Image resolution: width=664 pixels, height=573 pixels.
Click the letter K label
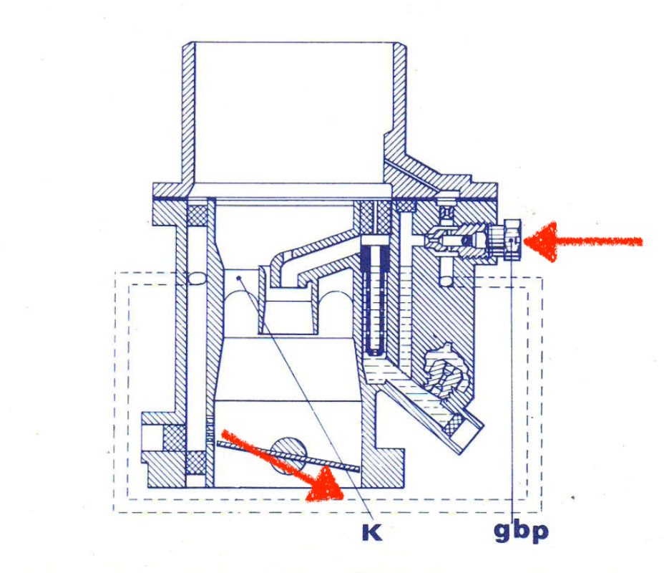371,532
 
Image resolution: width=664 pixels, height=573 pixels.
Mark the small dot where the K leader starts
238,276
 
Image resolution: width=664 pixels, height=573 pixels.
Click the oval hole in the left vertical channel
195,279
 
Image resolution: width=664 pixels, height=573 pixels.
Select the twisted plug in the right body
444,367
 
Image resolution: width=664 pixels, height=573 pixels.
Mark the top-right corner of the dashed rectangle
542,277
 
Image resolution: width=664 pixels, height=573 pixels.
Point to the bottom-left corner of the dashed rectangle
114,511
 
